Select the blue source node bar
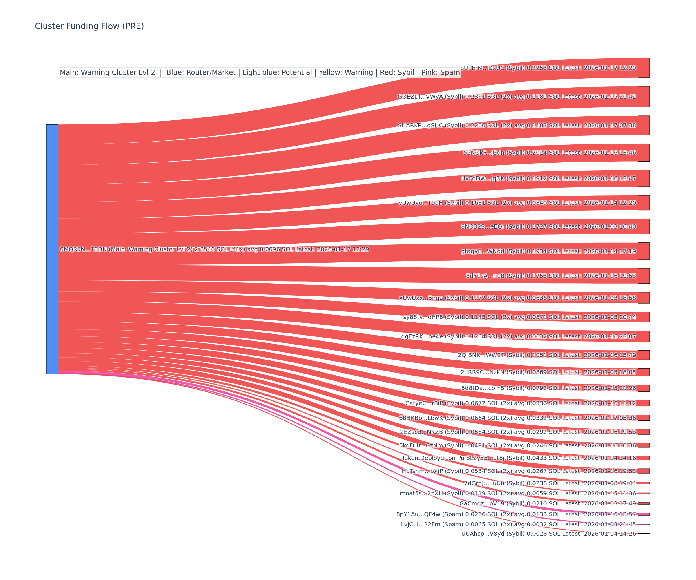[52, 249]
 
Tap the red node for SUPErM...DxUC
[643, 68]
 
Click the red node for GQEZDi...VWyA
[643, 97]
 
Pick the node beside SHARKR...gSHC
[643, 125]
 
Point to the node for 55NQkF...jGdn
[643, 153]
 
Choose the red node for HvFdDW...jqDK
[643, 178]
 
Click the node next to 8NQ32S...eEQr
[643, 226]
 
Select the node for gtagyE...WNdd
[643, 251]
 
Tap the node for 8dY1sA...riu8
[643, 276]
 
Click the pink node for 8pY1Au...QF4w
[643, 514]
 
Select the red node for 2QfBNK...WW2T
[643, 355]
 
